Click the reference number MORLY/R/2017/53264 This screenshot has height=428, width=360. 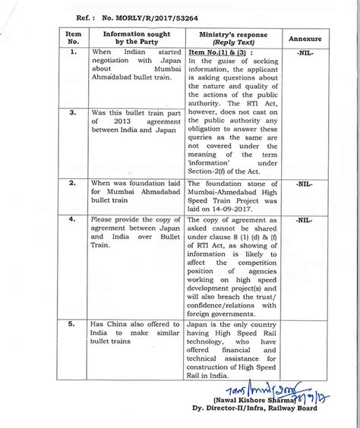click(140, 16)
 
